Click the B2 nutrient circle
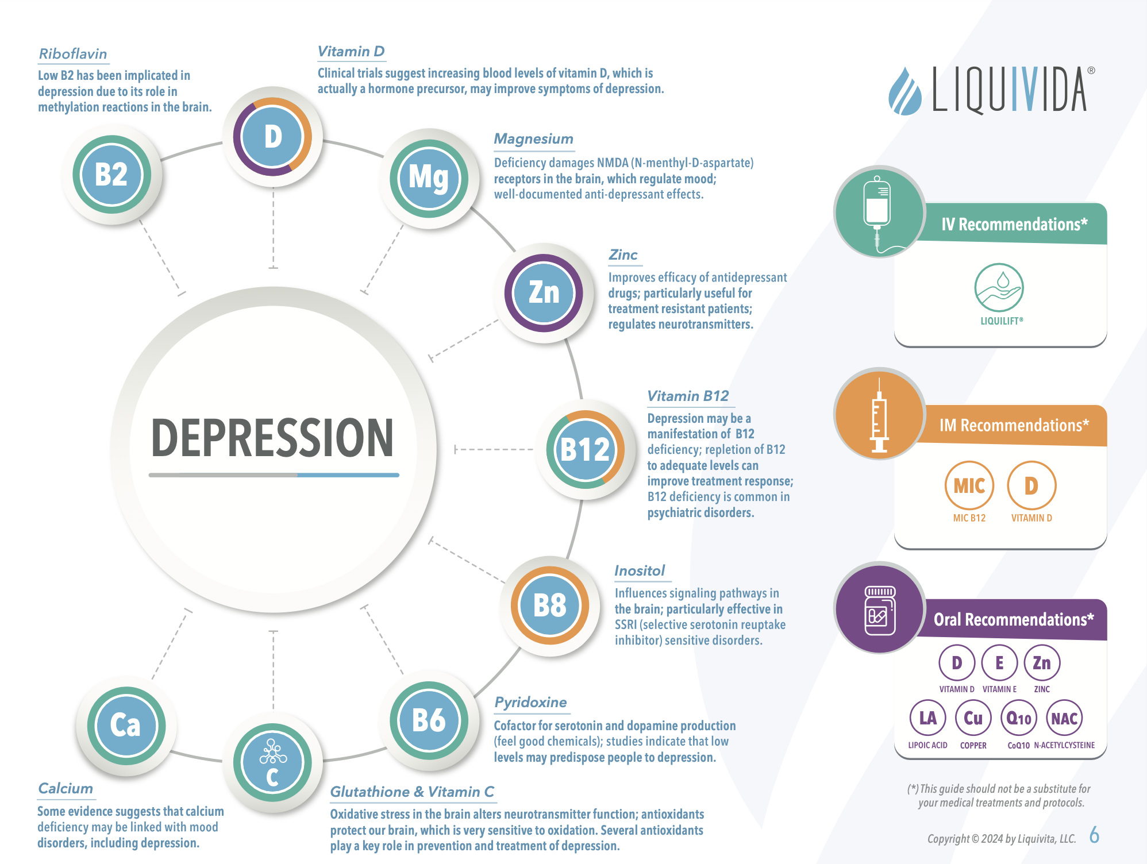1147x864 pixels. click(112, 175)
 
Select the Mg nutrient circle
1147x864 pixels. click(429, 178)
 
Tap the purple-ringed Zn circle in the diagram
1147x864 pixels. click(544, 293)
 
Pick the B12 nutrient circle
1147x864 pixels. click(586, 449)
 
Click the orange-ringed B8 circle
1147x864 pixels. click(550, 605)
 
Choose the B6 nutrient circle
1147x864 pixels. click(429, 720)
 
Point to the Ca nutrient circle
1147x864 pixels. click(126, 726)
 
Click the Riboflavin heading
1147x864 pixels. click(73, 54)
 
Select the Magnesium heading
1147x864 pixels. click(534, 139)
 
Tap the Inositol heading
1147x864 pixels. click(640, 570)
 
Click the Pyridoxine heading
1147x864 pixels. click(531, 703)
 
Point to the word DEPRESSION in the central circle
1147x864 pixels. click(272, 438)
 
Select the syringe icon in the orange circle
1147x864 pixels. click(879, 415)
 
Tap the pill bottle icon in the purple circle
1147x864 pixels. click(880, 610)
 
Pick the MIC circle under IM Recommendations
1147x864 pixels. click(969, 486)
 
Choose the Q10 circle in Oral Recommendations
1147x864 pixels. click(1019, 718)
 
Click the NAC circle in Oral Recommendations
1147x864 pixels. click(1064, 718)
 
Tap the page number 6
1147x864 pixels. click(1094, 835)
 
